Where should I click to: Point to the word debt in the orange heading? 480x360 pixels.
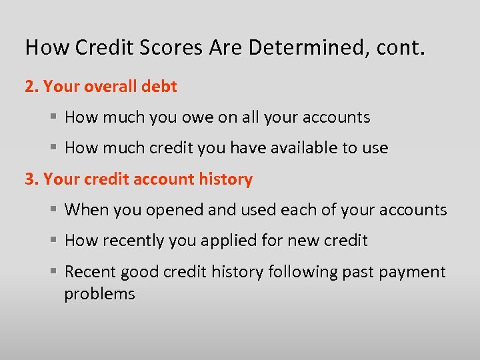point(160,87)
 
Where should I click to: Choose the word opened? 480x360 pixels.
point(175,210)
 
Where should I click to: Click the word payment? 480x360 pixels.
point(413,272)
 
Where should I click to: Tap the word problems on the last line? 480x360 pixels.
point(100,294)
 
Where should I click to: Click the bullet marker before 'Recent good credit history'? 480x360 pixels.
point(55,272)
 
